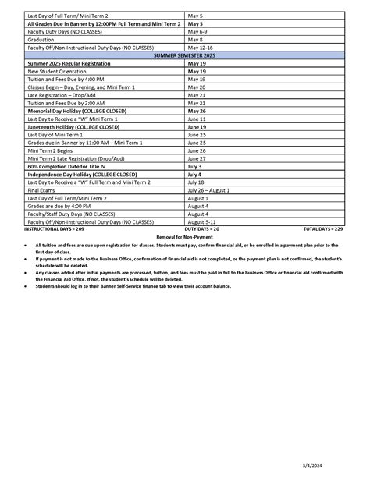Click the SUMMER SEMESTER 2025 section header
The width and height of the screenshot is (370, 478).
(x=184, y=55)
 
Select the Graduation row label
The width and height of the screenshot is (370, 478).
(x=41, y=39)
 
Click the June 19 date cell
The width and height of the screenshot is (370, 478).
(x=197, y=127)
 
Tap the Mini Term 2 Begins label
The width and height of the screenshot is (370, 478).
(x=51, y=150)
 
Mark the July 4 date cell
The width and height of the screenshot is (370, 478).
(x=194, y=175)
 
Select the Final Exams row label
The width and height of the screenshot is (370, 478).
(x=42, y=190)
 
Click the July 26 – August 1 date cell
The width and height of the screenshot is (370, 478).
(x=208, y=190)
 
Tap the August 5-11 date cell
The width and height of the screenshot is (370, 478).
(x=201, y=222)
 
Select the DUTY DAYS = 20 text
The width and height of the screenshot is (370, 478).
(x=201, y=229)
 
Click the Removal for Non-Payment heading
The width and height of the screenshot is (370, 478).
(x=184, y=236)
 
